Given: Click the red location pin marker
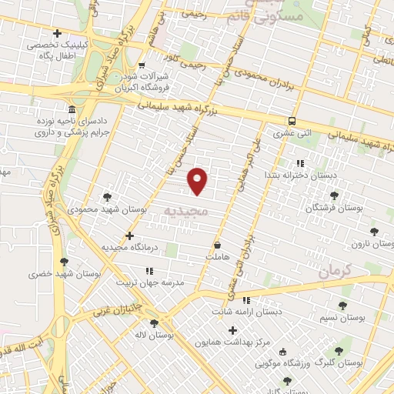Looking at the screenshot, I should click(199, 180).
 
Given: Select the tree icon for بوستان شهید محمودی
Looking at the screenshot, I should click(107, 197).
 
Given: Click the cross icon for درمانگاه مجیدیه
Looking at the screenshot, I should click(129, 235).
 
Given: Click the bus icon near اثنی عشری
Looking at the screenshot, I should click(292, 121).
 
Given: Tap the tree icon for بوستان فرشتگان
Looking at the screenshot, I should click(335, 196).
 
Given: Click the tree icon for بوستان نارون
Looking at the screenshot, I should click(374, 231).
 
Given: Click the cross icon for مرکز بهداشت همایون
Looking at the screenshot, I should click(233, 330).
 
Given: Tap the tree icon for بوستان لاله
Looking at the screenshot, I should click(153, 324).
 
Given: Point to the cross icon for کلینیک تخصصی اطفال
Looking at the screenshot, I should click(58, 34).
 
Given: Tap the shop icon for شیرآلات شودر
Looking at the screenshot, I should click(142, 65).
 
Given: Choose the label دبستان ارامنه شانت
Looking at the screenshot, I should click(245, 312).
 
